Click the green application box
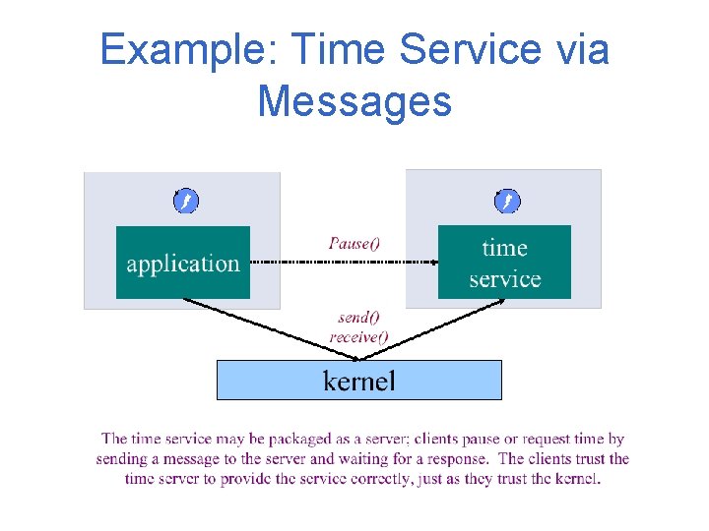(183, 263)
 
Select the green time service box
(504, 263)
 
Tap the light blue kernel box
(358, 380)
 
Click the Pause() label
(354, 243)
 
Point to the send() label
(358, 318)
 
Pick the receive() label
(358, 336)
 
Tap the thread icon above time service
(507, 202)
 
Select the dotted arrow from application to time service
(345, 263)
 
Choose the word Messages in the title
(354, 100)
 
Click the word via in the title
(580, 50)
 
